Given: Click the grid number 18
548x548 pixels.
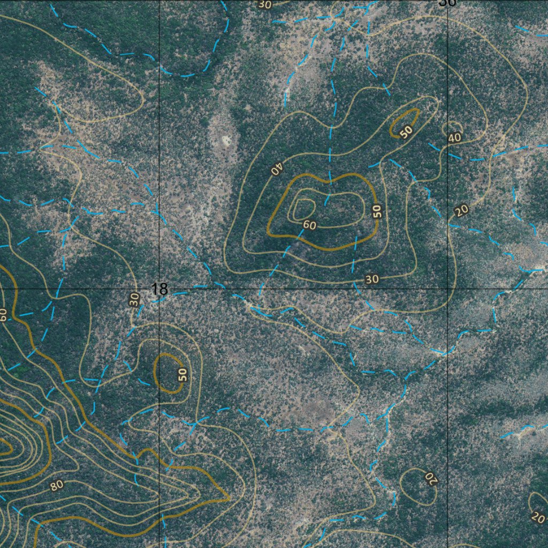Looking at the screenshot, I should tap(159, 290).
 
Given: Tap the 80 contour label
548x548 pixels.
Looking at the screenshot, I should tap(57, 485).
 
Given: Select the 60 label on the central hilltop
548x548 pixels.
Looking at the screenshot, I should tap(309, 225).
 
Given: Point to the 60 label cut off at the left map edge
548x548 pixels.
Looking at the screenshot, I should tap(3, 315).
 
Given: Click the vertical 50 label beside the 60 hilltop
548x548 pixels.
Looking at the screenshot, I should tap(378, 211).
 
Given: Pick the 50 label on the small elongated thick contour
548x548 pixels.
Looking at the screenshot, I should tap(407, 132).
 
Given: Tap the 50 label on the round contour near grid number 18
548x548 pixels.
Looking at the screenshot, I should tap(182, 374).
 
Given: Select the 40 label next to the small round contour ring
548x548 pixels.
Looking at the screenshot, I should tap(454, 138).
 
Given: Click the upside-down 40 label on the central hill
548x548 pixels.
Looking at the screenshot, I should tap(277, 170).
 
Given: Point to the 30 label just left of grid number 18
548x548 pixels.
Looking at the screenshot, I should tap(135, 299).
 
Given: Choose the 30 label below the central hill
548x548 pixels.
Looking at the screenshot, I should tap(372, 279).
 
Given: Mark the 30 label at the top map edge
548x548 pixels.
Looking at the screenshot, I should tap(265, 5).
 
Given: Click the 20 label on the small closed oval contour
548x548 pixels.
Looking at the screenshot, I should tap(431, 477).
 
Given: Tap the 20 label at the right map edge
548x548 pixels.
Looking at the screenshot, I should tap(538, 517).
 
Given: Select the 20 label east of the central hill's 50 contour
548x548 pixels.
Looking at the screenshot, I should tap(461, 211).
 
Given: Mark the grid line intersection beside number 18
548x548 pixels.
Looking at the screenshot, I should tap(160, 289).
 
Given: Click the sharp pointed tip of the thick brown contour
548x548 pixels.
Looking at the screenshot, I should tap(229, 498).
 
